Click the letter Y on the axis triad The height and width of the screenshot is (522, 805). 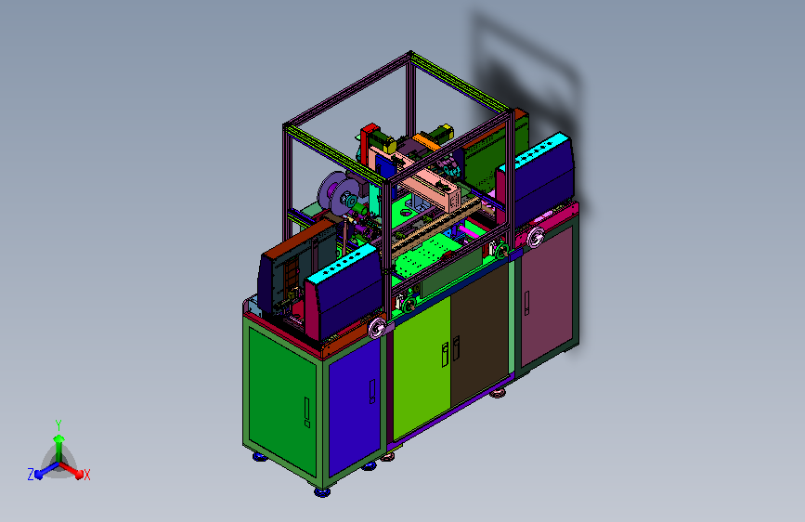click(x=58, y=424)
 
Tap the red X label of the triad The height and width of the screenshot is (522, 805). click(x=86, y=475)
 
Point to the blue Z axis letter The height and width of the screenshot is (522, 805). click(x=31, y=475)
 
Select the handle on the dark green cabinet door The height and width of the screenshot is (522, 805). click(x=307, y=412)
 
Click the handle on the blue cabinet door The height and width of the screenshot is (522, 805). click(x=372, y=392)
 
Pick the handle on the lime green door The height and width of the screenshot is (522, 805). click(x=445, y=355)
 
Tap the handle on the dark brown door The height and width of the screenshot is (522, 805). click(x=456, y=347)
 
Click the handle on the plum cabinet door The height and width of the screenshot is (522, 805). click(x=526, y=303)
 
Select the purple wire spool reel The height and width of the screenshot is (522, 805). click(x=338, y=192)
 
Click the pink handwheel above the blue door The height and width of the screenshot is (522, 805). click(x=377, y=328)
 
